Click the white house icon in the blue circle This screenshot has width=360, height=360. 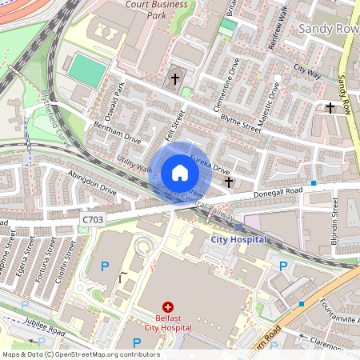click(x=180, y=173)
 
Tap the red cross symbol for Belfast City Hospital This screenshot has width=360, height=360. click(x=168, y=306)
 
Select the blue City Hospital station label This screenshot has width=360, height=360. click(x=238, y=239)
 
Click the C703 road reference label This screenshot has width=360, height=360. click(x=93, y=218)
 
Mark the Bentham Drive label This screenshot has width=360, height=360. click(x=117, y=133)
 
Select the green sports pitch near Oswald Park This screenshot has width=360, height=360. click(x=86, y=71)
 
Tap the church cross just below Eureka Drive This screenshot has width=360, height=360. click(x=229, y=182)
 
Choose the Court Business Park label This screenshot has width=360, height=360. click(x=157, y=10)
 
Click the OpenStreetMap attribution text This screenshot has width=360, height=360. click(x=70, y=354)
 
